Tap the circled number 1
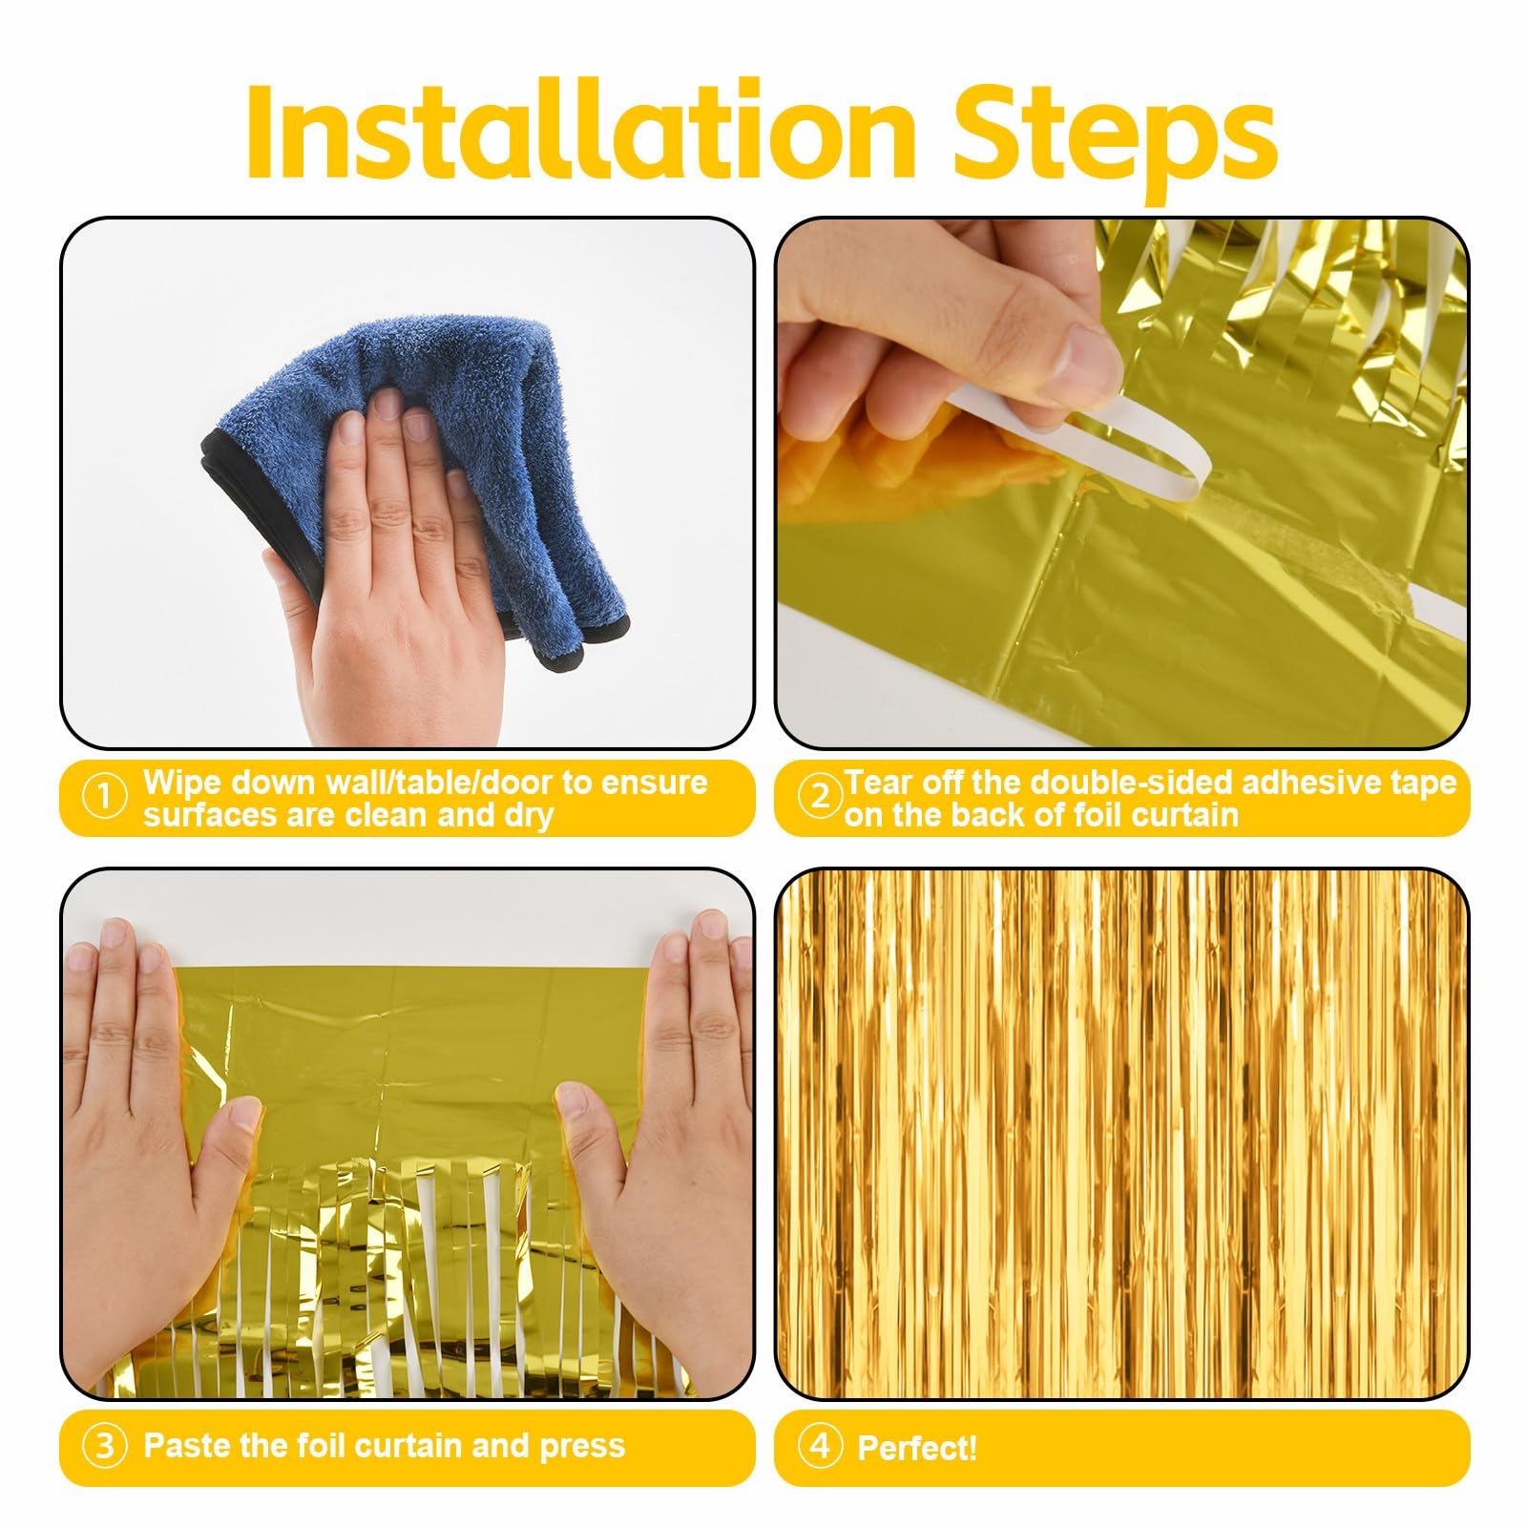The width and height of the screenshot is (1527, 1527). coord(105,797)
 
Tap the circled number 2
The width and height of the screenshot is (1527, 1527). coord(820,797)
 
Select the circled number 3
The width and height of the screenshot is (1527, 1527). coord(105,1447)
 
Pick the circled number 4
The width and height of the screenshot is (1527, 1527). coord(820,1447)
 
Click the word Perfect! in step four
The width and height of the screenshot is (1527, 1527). coord(917,1449)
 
